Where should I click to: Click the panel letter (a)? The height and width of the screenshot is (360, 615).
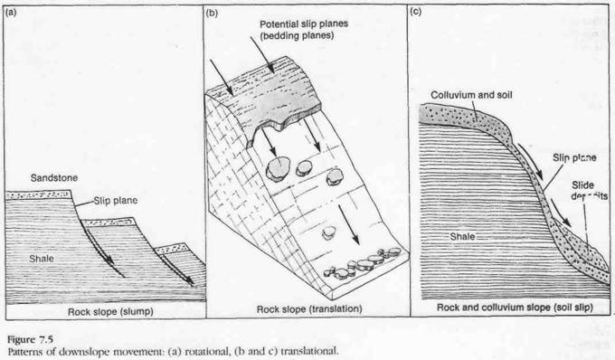coord(12,12)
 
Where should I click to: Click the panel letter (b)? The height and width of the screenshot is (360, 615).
coord(212,13)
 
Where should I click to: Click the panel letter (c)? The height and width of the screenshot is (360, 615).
coord(416,12)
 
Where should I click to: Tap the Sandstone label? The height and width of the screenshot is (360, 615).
coord(54,178)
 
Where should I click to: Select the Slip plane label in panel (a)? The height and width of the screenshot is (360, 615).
coord(116,201)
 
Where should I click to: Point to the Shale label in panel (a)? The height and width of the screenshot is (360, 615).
coord(42,259)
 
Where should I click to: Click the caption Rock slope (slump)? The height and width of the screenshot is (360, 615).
coord(110,312)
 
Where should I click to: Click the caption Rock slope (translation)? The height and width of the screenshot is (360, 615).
coord(309,309)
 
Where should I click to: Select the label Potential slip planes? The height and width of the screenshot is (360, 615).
coord(304,24)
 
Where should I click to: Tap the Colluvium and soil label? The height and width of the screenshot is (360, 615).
coord(471,95)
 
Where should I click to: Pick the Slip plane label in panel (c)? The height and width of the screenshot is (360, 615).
coord(574,158)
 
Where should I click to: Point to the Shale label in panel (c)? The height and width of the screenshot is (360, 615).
coord(462,236)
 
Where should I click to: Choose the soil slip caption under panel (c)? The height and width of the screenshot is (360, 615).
coord(515,307)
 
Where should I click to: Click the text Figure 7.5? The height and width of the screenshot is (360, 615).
coord(30,339)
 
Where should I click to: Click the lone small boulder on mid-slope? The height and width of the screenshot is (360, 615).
coord(328,233)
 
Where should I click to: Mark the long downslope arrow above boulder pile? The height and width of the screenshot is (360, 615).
coord(349,224)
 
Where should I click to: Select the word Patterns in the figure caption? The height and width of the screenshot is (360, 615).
coord(23,351)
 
